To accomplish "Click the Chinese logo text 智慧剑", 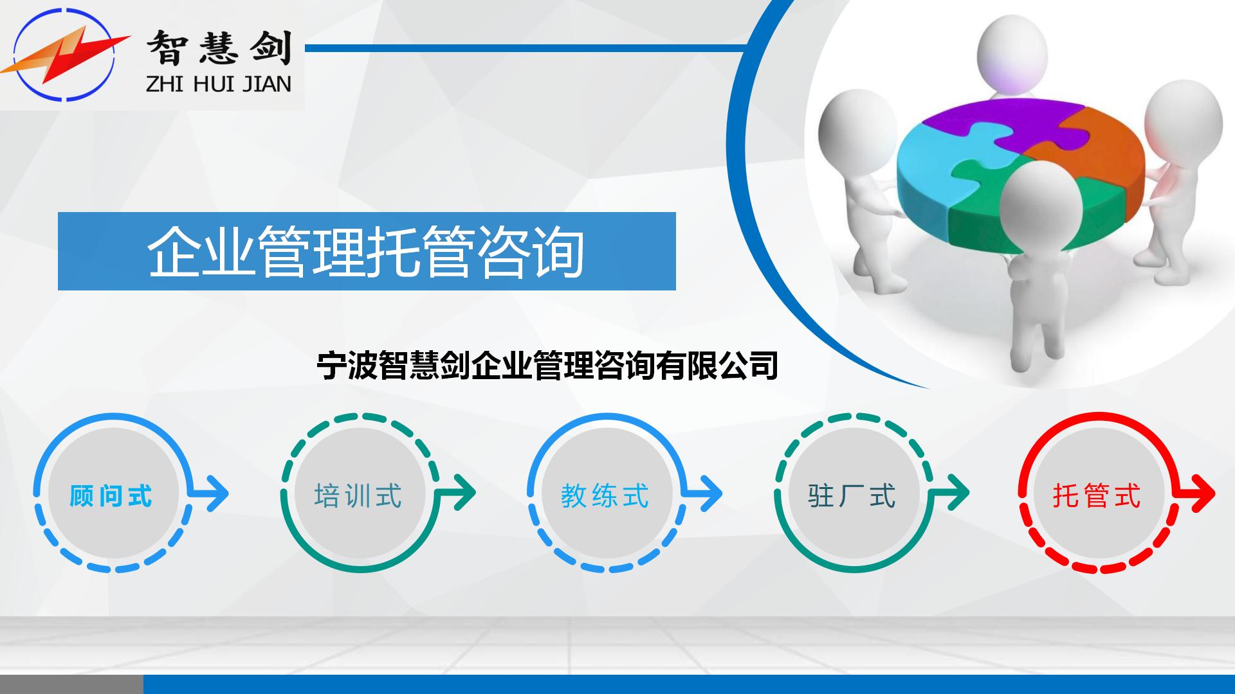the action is [219, 48].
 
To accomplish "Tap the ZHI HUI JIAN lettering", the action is [219, 84].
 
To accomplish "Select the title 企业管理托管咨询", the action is [365, 251].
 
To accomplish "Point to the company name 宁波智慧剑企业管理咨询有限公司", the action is [547, 365].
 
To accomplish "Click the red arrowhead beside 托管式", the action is [1202, 494].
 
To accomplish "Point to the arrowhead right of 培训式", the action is [462, 494].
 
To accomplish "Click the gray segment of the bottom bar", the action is [71, 684].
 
